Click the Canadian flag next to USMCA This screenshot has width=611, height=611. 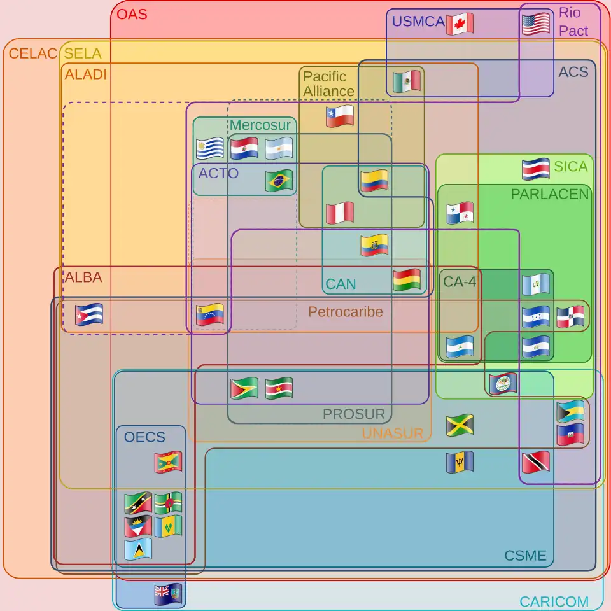460,24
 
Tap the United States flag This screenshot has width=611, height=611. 535,24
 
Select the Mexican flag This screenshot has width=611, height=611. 406,81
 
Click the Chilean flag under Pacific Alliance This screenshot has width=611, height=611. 339,116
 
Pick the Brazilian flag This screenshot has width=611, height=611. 279,181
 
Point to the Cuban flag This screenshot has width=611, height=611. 88,314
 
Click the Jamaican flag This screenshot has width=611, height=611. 460,425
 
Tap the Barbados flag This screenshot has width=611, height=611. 460,462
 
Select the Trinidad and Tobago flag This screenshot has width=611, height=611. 535,462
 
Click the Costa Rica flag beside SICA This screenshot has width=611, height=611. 535,169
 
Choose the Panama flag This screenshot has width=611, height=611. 460,213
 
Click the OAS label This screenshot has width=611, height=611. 132,13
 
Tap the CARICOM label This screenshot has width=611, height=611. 553,601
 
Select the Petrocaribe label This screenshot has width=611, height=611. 345,311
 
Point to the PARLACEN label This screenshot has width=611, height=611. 550,194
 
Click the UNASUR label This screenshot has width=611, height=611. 392,433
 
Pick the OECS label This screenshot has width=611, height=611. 144,437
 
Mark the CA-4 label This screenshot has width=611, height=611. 459,281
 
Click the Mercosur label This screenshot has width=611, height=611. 260,125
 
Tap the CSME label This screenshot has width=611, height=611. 525,556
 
